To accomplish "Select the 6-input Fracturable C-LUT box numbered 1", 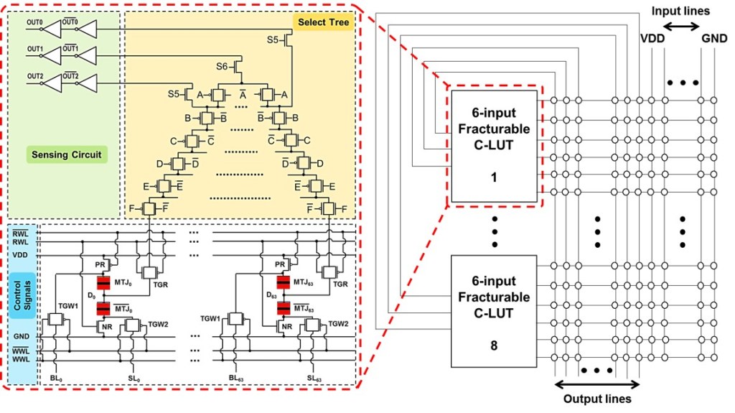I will [x=493, y=144].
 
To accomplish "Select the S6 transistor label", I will [x=223, y=66].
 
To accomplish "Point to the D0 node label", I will [x=90, y=294].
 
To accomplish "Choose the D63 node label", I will [x=271, y=294].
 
